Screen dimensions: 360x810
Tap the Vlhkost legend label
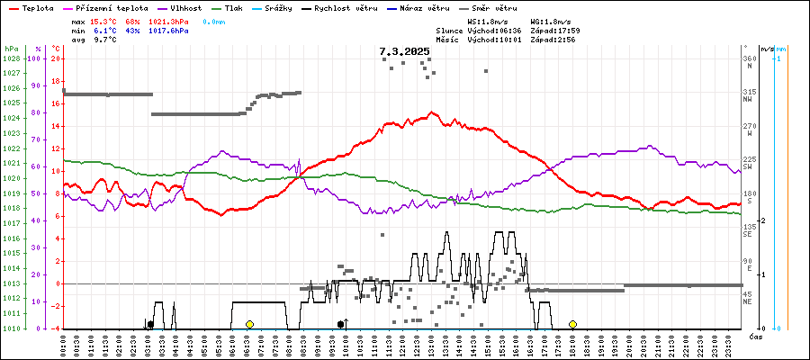pyautogui.click(x=185, y=7)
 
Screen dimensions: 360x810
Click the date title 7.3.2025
pyautogui.click(x=404, y=52)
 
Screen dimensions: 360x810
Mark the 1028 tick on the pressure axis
pyautogui.click(x=11, y=58)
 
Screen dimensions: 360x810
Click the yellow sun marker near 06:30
pyautogui.click(x=249, y=324)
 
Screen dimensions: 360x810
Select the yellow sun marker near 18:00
pyautogui.click(x=572, y=324)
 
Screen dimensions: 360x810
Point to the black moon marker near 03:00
pyautogui.click(x=150, y=324)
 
